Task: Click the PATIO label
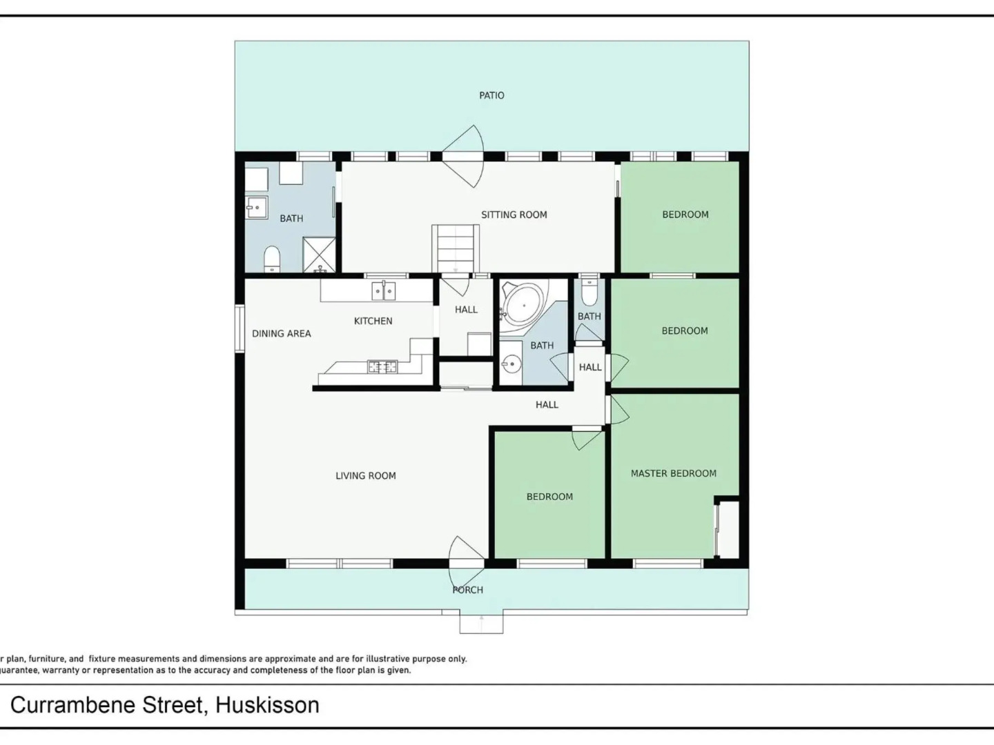tap(491, 95)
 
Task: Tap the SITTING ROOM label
tap(514, 215)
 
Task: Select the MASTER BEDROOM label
tap(673, 473)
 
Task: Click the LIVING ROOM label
tap(365, 475)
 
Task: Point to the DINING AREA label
tap(281, 333)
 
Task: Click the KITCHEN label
tap(373, 321)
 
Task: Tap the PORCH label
tap(467, 590)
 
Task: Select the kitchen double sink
tap(384, 290)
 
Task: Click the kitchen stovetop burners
tap(382, 366)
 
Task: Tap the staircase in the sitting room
tap(456, 248)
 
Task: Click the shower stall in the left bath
tap(320, 255)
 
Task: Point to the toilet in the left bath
tap(272, 259)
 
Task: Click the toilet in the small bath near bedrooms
tap(589, 292)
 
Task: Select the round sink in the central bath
tap(511, 363)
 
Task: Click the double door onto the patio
tap(462, 156)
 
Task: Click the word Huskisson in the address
tap(267, 705)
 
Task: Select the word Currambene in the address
tap(107, 705)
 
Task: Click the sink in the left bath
tap(256, 207)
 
